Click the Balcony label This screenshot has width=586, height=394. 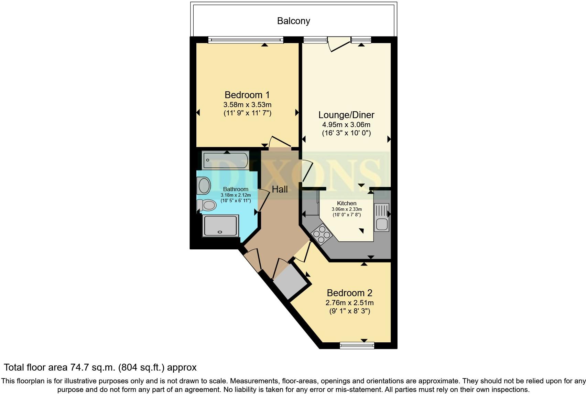(294, 21)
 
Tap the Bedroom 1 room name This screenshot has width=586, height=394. (247, 95)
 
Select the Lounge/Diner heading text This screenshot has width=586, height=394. (346, 115)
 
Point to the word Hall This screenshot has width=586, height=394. (280, 189)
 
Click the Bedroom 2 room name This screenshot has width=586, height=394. (349, 293)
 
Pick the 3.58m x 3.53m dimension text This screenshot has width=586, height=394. (247, 105)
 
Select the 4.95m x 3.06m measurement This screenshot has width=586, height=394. (346, 125)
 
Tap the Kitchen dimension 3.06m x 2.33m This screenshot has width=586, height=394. (347, 209)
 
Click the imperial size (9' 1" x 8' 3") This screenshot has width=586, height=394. (349, 311)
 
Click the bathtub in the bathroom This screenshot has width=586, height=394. (226, 160)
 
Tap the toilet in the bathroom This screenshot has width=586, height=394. (206, 205)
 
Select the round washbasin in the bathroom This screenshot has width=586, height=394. (204, 186)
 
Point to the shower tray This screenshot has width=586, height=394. (220, 226)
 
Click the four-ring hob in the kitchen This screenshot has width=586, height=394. (322, 234)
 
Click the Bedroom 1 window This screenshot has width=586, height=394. (246, 40)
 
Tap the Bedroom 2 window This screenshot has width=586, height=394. (357, 346)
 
